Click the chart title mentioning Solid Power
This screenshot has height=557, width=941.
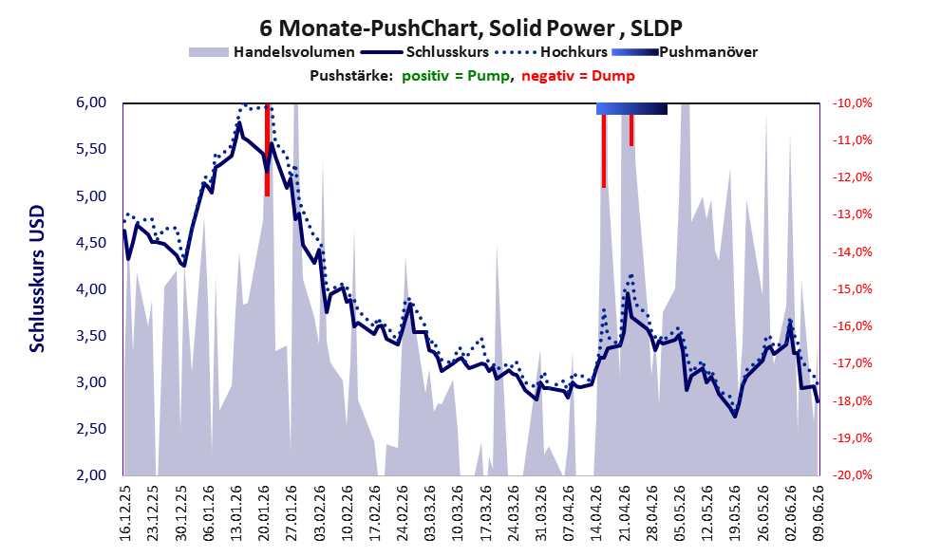471,28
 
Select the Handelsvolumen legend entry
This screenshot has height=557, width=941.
272,52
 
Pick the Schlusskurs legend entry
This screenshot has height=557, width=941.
424,52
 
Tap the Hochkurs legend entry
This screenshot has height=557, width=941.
551,52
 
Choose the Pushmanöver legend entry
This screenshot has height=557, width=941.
685,52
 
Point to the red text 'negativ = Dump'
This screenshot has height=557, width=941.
578,76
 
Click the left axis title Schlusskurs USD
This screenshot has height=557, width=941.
37,279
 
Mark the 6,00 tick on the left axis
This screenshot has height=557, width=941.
91,102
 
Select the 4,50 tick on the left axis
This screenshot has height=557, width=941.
91,243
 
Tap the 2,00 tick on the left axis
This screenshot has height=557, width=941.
91,474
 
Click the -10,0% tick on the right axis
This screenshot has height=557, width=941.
852,103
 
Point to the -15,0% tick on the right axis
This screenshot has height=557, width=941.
852,289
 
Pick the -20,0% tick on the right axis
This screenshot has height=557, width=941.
852,474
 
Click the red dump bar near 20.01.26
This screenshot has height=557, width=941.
268,150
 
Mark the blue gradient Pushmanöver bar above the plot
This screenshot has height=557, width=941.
631,108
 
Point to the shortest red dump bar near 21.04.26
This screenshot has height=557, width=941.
631,130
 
